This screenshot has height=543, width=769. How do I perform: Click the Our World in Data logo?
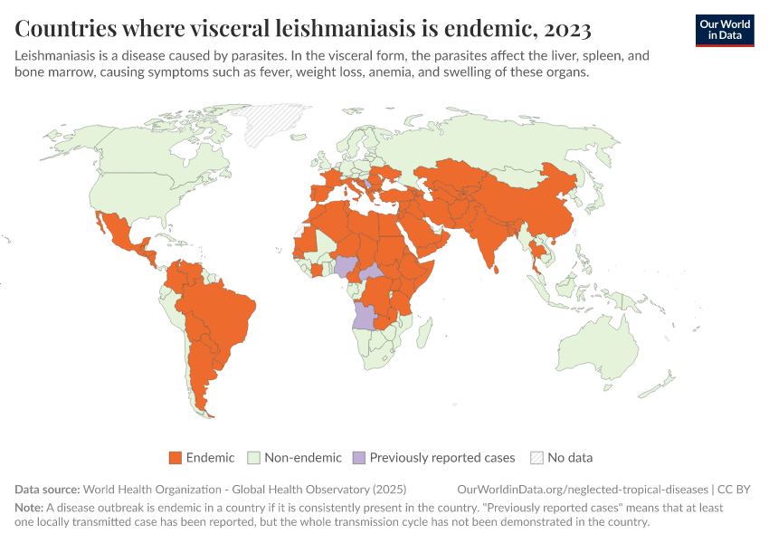pyautogui.click(x=724, y=30)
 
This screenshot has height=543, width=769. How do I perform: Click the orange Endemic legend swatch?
pyautogui.click(x=176, y=458)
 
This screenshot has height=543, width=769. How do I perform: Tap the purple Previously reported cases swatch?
pyautogui.click(x=359, y=458)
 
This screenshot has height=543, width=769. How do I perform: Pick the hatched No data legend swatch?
pyautogui.click(x=536, y=458)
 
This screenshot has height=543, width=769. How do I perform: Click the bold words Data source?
pyautogui.click(x=47, y=490)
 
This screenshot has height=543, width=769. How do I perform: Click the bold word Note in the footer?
pyautogui.click(x=29, y=509)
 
